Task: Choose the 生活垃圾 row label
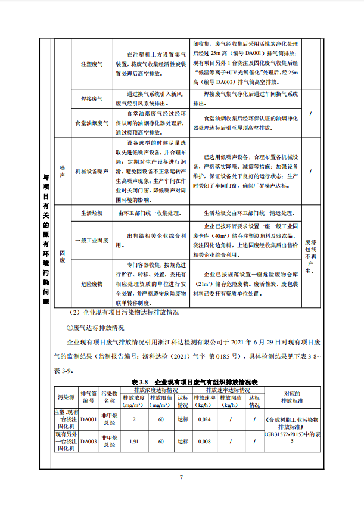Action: pos(91,212)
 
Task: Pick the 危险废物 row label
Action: pos(91,284)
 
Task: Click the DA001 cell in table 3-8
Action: pos(89,420)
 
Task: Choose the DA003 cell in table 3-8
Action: pos(89,442)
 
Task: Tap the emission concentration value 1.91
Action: pos(134,442)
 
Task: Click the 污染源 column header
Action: pos(66,396)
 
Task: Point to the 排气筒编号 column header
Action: pos(89,396)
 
